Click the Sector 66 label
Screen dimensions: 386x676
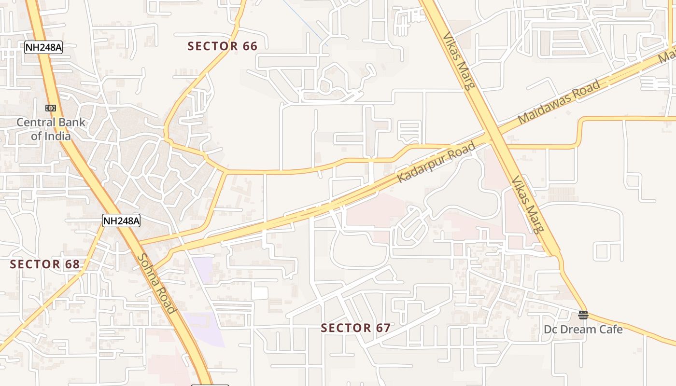[222, 46]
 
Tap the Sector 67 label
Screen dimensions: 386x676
[355, 328]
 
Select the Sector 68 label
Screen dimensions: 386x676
[44, 264]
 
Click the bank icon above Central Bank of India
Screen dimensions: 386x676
[51, 108]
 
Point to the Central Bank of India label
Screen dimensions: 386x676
[51, 129]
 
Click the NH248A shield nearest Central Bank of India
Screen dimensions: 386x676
[43, 47]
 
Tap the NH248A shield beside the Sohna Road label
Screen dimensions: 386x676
[121, 221]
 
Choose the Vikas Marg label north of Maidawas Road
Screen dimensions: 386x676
[459, 61]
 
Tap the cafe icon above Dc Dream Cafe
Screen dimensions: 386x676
[583, 315]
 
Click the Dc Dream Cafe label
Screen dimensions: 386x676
[583, 330]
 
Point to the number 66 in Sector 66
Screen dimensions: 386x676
[248, 46]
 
